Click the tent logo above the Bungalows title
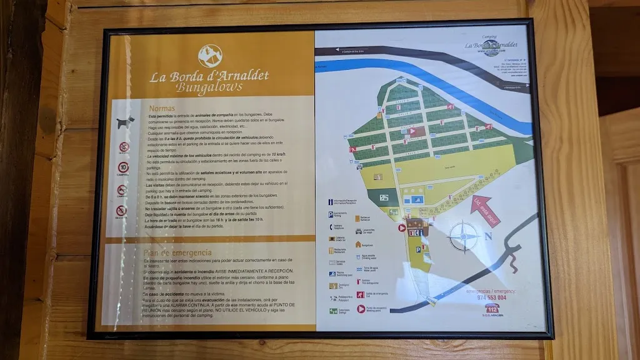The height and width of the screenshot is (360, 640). click(210, 56)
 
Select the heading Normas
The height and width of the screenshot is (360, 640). click(162, 108)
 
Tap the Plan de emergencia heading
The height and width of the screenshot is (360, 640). click(177, 252)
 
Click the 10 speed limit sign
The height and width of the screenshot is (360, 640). click(124, 167)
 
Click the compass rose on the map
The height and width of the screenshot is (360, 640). click(464, 237)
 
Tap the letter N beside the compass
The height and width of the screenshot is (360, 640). click(489, 236)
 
